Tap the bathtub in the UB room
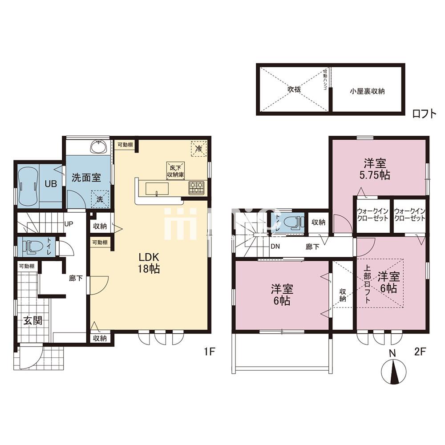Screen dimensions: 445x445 click(x=28, y=184)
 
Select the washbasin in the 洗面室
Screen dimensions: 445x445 click(x=98, y=146)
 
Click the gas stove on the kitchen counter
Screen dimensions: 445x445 click(x=196, y=188)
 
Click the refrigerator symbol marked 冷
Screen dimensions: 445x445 click(x=198, y=149)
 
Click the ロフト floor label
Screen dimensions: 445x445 click(x=424, y=114)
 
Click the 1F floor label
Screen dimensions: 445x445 click(x=210, y=352)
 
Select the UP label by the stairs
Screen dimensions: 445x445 click(x=69, y=224)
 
